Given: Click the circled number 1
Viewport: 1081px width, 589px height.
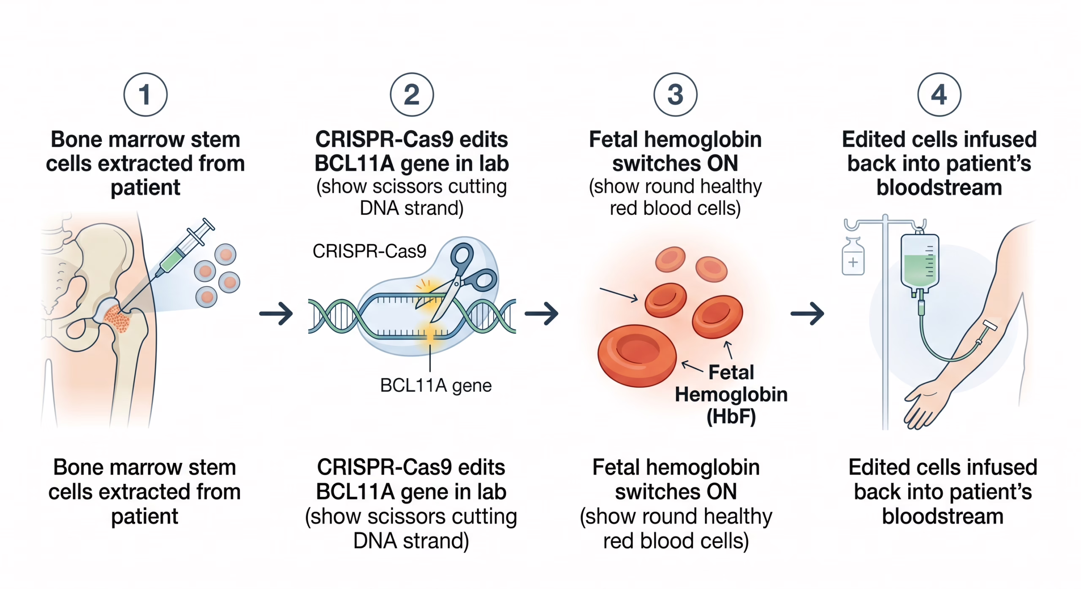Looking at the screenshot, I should coord(145,95).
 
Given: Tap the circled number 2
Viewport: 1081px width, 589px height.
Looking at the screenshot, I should coord(412,95).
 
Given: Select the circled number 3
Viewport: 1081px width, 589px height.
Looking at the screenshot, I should coord(675,95).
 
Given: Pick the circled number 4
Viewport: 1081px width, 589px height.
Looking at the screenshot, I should coord(939,95).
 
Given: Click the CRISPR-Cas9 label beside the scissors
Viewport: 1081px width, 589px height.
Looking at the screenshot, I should coord(369,251).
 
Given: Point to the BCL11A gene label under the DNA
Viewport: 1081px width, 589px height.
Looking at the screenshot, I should coord(436,385).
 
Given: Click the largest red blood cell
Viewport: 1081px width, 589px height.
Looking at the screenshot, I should coord(637,355).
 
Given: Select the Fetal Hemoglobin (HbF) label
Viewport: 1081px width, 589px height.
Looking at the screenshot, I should coord(731,394).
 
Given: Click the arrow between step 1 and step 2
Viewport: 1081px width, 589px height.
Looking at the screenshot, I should coord(276,313).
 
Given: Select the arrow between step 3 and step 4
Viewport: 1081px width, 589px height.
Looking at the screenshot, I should coord(807,313).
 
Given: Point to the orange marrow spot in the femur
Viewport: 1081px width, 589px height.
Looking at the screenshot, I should coord(117,319).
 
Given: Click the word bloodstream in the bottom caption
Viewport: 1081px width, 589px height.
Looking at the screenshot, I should coord(942,516).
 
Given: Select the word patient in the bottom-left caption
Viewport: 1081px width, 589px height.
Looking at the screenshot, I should coord(145,516).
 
